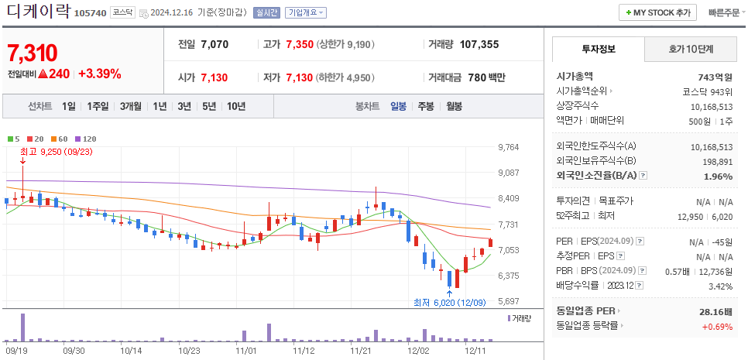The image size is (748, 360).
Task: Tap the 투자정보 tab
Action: pyautogui.click(x=598, y=49)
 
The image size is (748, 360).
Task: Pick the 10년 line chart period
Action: pyautogui.click(x=236, y=106)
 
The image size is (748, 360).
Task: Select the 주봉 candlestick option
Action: pyautogui.click(x=426, y=106)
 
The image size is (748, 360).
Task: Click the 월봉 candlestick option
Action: pyautogui.click(x=454, y=106)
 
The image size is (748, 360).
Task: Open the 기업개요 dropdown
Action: pyautogui.click(x=306, y=13)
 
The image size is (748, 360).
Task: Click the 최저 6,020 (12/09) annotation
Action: pyautogui.click(x=450, y=302)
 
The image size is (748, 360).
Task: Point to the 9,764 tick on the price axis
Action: pyautogui.click(x=508, y=147)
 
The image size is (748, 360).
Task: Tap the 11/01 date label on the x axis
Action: pyautogui.click(x=245, y=350)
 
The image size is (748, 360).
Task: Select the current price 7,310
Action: pyautogui.click(x=33, y=53)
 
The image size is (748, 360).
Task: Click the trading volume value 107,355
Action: pyautogui.click(x=479, y=44)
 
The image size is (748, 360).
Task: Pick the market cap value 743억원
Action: pyautogui.click(x=715, y=77)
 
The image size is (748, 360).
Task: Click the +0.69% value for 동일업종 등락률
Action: pyautogui.click(x=717, y=326)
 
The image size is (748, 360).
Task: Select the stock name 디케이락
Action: pyautogui.click(x=38, y=12)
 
